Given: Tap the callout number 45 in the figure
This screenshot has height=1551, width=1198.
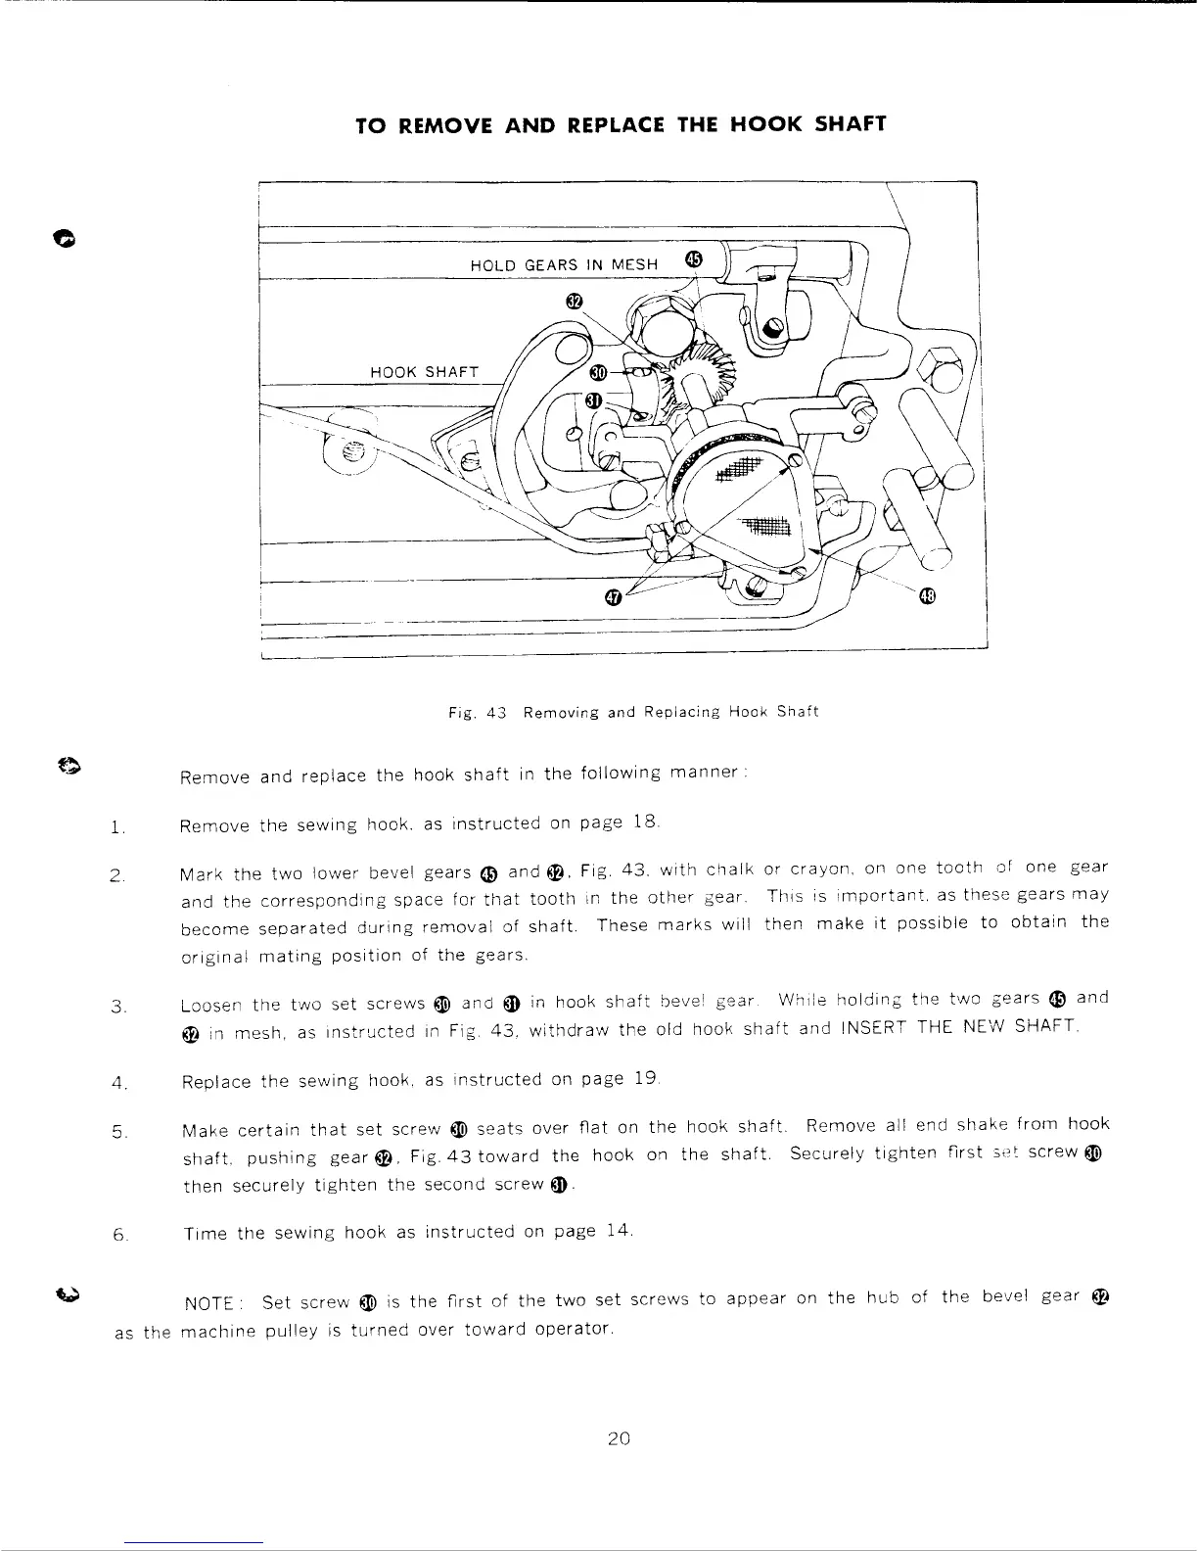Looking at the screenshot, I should coord(694,258).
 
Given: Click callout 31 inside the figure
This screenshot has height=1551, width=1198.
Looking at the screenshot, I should coord(592,400).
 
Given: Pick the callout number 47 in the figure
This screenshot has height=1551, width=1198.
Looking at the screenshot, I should coord(613,596).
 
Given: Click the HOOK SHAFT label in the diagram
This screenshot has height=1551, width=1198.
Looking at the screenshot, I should coord(424,372).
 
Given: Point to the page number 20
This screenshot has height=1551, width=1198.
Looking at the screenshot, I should coord(618,1438).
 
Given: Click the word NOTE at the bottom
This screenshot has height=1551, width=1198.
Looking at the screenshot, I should coord(209,1303).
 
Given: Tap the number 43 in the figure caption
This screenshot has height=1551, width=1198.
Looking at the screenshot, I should coord(495,712).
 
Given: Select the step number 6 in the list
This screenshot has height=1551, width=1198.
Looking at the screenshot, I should coord(116,1235).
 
